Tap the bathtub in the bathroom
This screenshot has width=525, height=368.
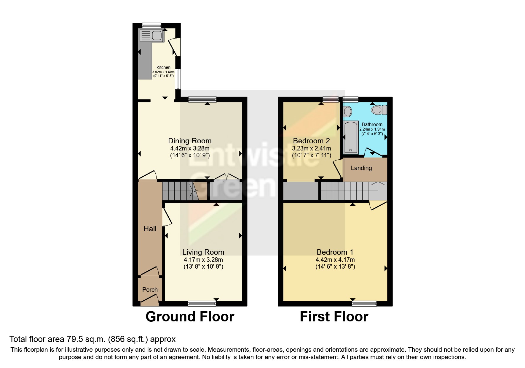coord(351,137)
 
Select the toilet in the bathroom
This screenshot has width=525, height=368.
coord(379,110)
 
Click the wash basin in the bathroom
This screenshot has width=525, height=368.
coord(347,112)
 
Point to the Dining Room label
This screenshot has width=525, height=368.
coord(190,141)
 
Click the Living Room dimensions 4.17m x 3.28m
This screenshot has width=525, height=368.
coord(203,260)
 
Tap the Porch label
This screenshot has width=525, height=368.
coord(150,290)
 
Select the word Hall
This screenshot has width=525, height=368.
coord(150,229)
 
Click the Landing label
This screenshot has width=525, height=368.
coord(361,168)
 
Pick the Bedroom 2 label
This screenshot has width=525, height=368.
coord(311,141)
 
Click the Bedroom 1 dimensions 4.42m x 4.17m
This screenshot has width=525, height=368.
coord(335,260)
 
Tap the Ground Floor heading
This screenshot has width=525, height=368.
coord(190,317)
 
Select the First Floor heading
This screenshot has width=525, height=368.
coord(334,317)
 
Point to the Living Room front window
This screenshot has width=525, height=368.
coord(202,303)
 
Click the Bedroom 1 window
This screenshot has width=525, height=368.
coord(364,303)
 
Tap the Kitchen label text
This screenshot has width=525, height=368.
coord(163,67)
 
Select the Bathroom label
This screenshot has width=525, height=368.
coord(372,124)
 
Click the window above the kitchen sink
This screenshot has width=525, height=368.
coord(151,25)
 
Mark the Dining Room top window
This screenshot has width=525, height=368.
coord(202,100)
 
